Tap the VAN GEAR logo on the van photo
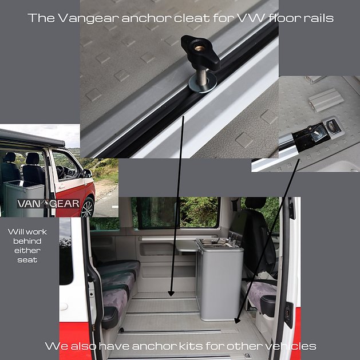coord(48,204)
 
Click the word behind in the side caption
coord(27,242)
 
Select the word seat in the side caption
coord(27,260)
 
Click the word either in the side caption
coord(27,251)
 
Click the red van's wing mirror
coord(88,173)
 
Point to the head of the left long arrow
coord(171,294)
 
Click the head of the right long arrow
coord(237,321)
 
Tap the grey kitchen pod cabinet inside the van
coord(220,279)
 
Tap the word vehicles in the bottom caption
coord(292,346)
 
